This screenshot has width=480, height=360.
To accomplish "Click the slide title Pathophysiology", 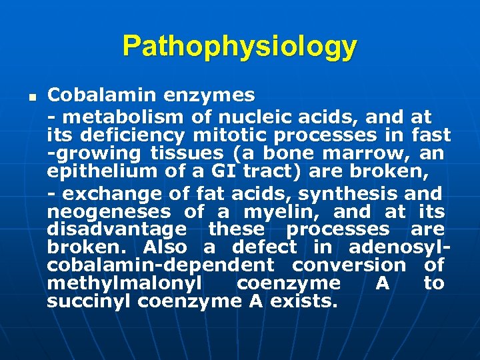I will click(x=239, y=47).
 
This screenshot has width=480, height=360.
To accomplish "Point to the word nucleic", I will click(x=245, y=118).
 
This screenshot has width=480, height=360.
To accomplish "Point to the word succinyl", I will click(x=89, y=301).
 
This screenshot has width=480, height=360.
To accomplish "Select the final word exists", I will click(x=310, y=301).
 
